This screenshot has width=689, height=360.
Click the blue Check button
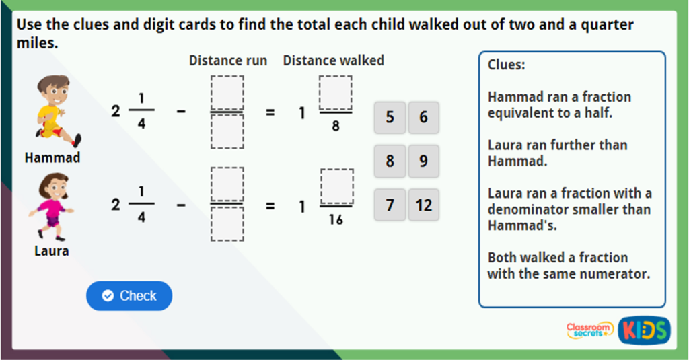click(129, 296)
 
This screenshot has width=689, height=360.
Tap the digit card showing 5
click(390, 118)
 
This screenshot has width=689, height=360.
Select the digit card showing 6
click(423, 118)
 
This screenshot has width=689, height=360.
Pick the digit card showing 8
click(390, 161)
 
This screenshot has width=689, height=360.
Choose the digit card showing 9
click(423, 161)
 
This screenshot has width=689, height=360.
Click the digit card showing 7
click(390, 205)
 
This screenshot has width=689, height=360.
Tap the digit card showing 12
click(423, 205)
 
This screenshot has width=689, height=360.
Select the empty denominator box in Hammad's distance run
click(227, 132)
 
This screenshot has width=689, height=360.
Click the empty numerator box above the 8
click(335, 92)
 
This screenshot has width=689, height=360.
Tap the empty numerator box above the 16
click(336, 185)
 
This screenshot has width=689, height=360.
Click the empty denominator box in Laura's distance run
click(227, 225)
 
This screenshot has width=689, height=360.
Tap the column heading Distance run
click(227, 61)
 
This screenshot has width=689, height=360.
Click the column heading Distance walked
click(333, 61)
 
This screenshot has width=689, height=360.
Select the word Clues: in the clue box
click(506, 65)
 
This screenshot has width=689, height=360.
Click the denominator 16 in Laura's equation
click(335, 219)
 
